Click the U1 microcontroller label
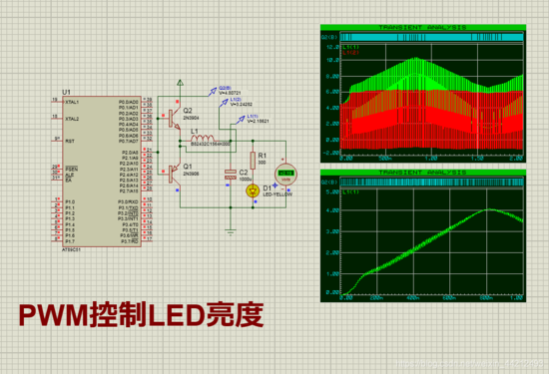(67, 90)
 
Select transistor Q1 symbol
(175, 173)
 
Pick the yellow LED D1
(254, 188)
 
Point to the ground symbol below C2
(231, 228)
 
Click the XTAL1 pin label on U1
(72, 102)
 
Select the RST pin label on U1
(70, 142)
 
